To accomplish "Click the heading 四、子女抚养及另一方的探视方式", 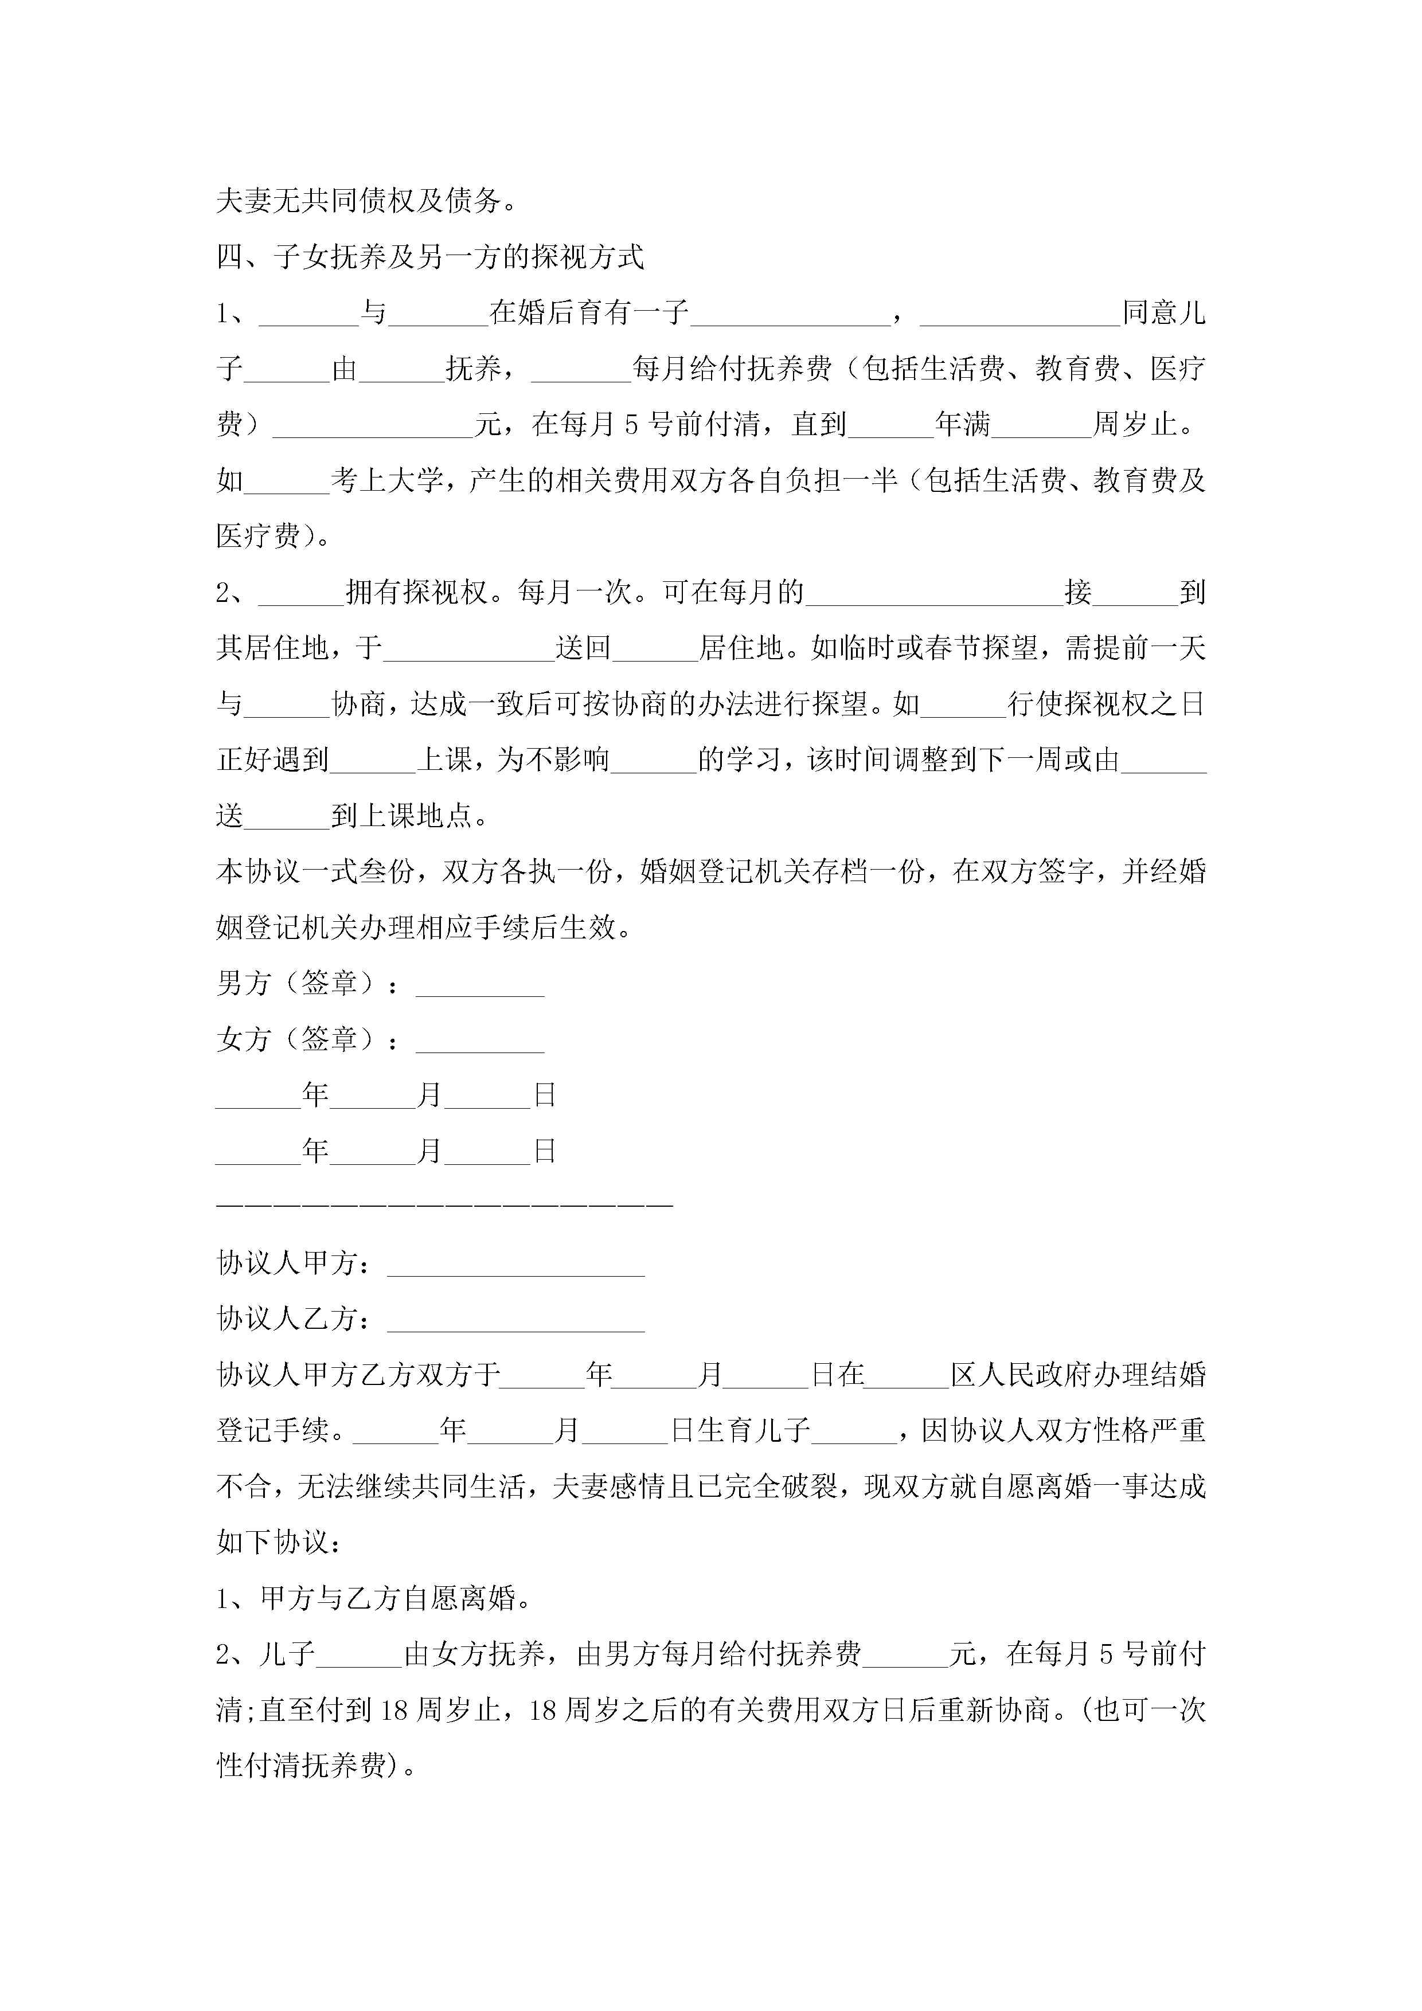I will pyautogui.click(x=430, y=257).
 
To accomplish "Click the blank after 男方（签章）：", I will pyautogui.click(x=479, y=985).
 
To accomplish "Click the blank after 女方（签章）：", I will pyautogui.click(x=479, y=1042).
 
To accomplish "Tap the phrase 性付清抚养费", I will pyautogui.click(x=302, y=1766).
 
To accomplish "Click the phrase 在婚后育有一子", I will pyautogui.click(x=589, y=312).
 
